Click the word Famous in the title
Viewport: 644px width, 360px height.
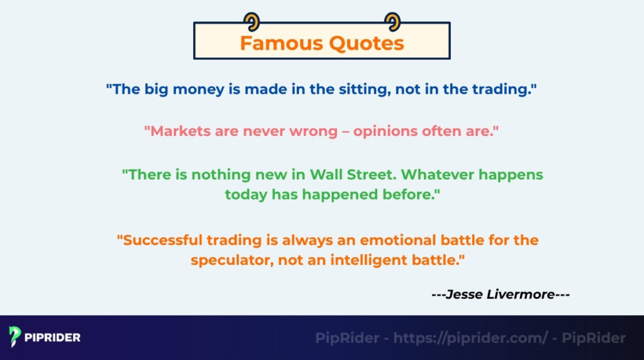pyautogui.click(x=279, y=43)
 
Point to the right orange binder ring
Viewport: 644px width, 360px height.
pyautogui.click(x=392, y=21)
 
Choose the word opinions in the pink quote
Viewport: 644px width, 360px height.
pyautogui.click(x=383, y=132)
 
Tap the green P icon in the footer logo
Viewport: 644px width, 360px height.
pyautogui.click(x=15, y=337)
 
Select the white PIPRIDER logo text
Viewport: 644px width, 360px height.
pyautogui.click(x=53, y=337)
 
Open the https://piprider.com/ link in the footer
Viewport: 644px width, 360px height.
pyautogui.click(x=471, y=338)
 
